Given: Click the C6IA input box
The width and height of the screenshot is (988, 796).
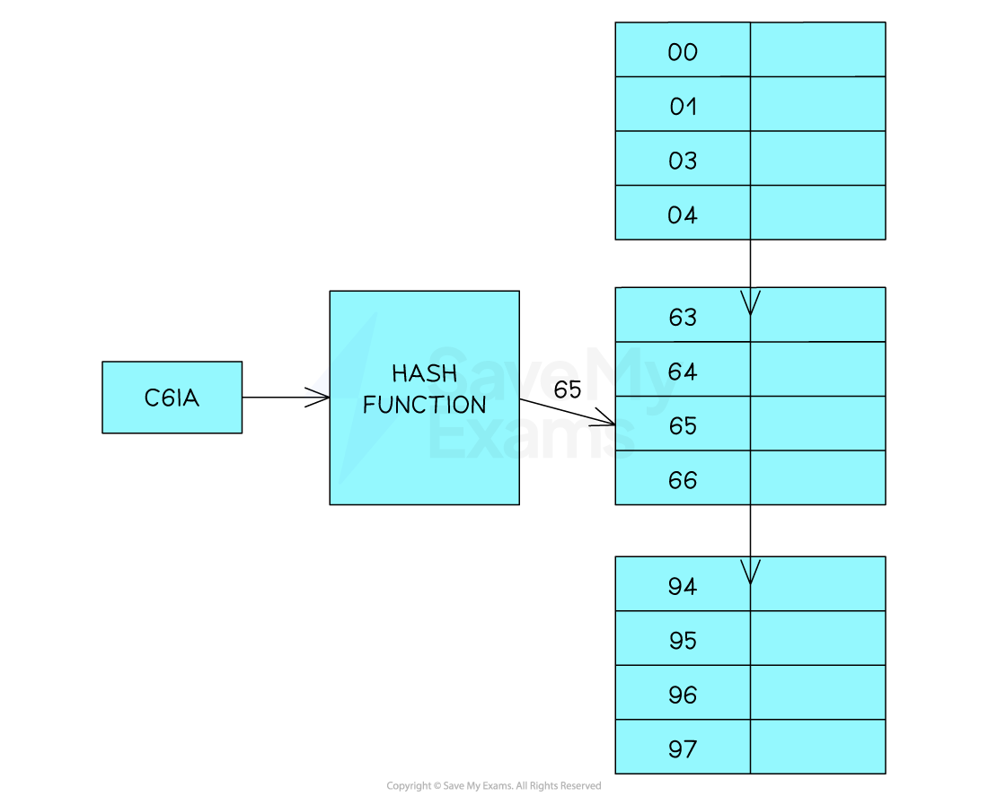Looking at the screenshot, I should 172,398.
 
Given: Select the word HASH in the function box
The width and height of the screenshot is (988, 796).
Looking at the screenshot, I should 424,373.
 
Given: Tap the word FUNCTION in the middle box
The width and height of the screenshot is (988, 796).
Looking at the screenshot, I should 424,405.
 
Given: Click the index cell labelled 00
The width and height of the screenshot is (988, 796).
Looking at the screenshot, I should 683,51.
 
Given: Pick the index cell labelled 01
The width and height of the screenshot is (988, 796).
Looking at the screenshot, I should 683,106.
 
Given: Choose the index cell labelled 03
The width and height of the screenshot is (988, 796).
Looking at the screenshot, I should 683,160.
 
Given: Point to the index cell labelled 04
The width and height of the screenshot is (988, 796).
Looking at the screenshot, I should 683,214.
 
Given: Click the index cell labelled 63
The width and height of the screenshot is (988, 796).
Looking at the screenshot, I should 683,316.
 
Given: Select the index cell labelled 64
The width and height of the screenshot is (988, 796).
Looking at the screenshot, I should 683,371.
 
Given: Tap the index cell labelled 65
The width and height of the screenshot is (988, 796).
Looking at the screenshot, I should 683,424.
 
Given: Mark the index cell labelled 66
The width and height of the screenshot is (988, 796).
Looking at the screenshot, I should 683,479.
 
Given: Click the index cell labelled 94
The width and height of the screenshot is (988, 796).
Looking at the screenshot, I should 683,585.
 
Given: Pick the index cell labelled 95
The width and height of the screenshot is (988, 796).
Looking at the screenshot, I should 683,640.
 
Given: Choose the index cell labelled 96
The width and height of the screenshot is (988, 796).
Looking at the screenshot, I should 683,694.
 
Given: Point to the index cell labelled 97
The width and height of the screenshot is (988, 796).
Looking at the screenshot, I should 683,748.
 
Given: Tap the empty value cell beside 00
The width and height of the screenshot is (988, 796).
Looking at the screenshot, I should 817,51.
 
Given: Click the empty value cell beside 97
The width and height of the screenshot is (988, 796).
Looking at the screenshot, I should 817,748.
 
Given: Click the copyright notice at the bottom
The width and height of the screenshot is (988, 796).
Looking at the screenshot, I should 493,786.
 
